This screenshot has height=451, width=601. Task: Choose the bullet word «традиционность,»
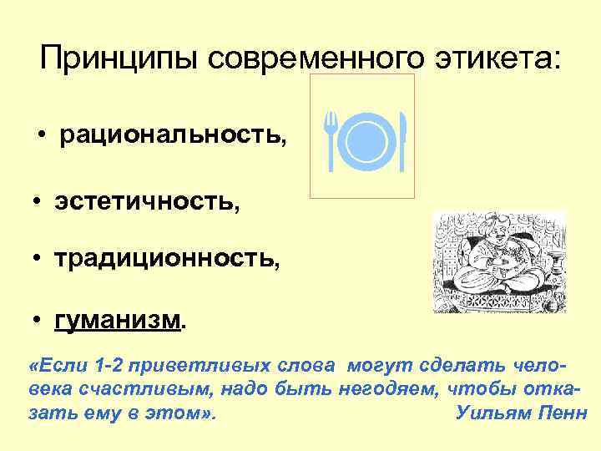167,261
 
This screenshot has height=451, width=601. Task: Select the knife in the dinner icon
402,139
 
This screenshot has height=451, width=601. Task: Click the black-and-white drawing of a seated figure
499,261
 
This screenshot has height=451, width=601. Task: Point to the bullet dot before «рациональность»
41,137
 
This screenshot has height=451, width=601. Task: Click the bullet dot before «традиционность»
38,260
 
